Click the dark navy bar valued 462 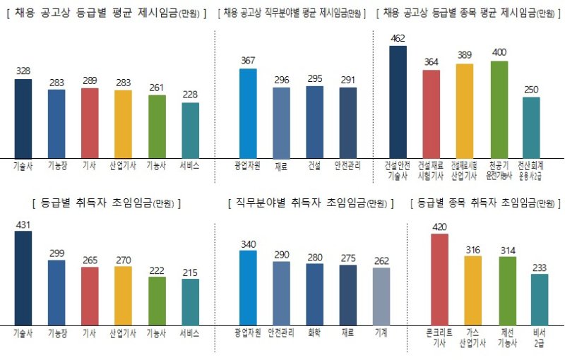(398, 102)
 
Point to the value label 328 (23, 71)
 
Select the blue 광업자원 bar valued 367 (248, 114)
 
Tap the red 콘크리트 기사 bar (439, 279)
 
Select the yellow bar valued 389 (464, 111)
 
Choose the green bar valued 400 (499, 109)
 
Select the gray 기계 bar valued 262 (381, 296)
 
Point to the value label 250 (531, 90)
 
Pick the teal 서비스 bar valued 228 (190, 131)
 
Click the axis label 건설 (314, 165)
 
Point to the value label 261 (157, 88)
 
